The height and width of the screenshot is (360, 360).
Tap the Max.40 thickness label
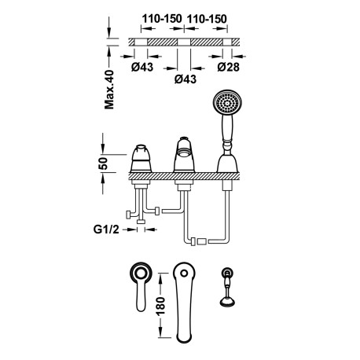pos(110,88)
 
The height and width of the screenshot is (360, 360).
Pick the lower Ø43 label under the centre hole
pos(179,80)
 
